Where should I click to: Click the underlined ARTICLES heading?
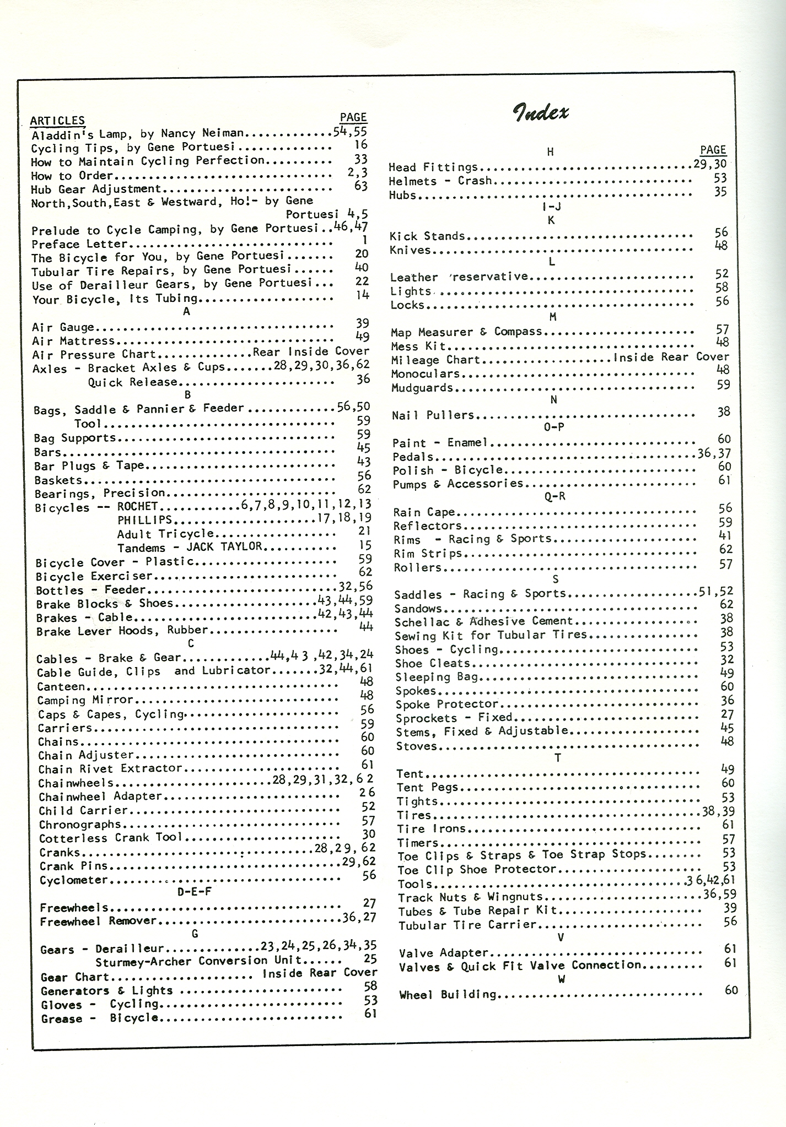click(57, 121)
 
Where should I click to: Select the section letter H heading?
click(550, 152)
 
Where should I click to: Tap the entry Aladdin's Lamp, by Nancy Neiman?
click(137, 134)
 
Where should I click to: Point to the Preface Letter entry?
click(79, 244)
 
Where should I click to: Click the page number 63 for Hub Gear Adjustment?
click(360, 186)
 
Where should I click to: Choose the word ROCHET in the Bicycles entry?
click(138, 506)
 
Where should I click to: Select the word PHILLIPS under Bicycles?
click(145, 520)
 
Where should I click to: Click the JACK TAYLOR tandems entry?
click(224, 547)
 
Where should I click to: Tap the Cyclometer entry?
click(74, 880)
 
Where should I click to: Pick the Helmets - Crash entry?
click(440, 181)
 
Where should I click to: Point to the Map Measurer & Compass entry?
click(466, 332)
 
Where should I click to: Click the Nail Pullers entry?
click(433, 415)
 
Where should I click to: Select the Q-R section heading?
click(554, 497)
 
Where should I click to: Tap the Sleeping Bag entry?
click(437, 677)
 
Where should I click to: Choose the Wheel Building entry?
click(448, 995)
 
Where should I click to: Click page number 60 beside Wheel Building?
click(731, 990)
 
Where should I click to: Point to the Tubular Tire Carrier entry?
click(467, 925)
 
